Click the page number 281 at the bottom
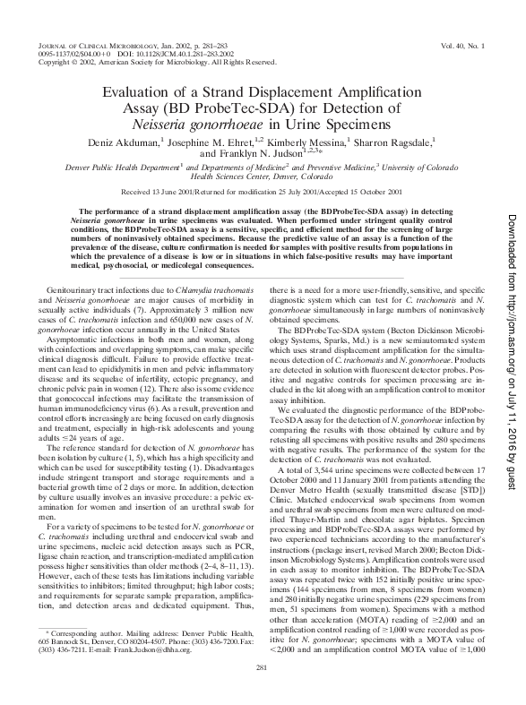click(263, 668)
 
